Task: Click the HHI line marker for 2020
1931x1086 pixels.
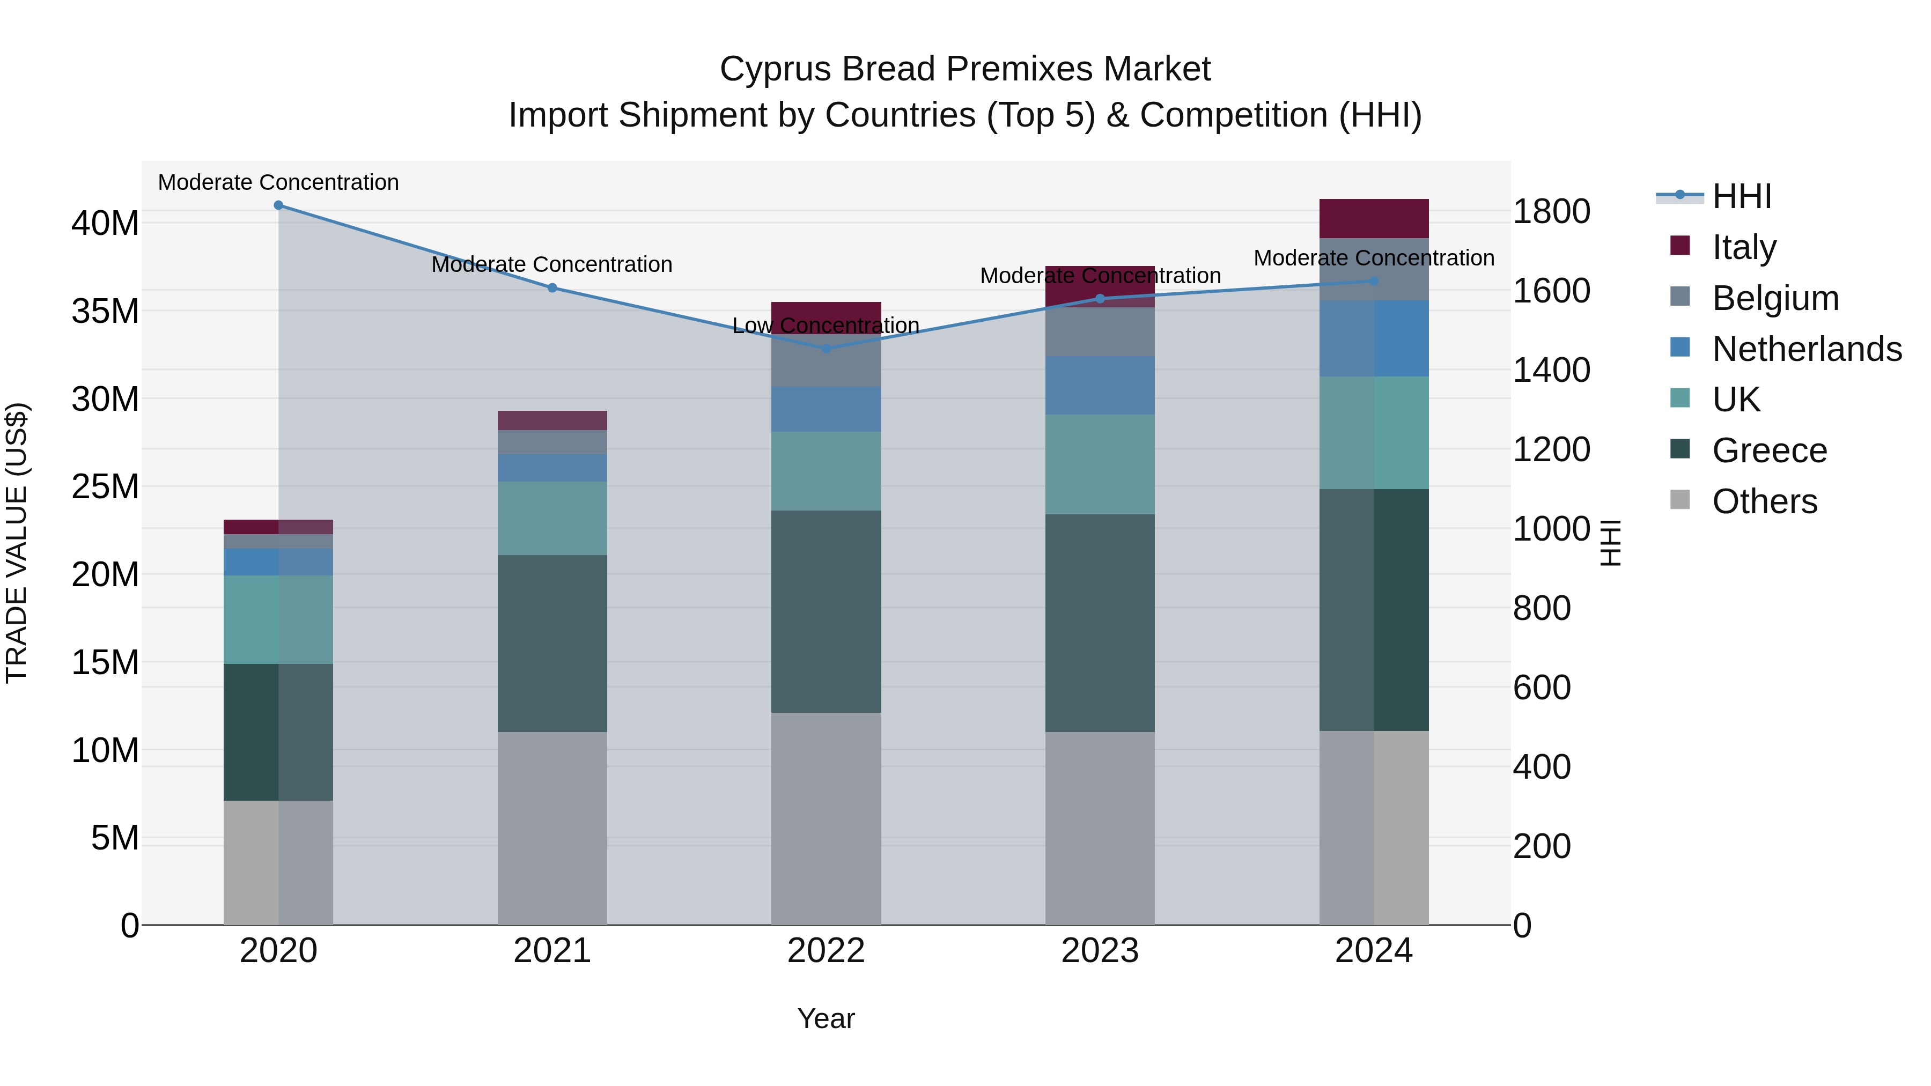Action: coord(278,205)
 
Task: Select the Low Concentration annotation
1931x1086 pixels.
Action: coord(826,326)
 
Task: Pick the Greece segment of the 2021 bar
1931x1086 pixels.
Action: coord(552,643)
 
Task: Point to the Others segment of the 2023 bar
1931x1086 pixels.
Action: coord(1100,828)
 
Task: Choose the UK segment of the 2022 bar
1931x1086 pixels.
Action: coord(826,471)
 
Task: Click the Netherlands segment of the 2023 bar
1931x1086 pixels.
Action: coord(1100,385)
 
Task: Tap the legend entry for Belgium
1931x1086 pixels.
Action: coord(1774,298)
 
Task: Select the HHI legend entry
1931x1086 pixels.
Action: coord(1741,196)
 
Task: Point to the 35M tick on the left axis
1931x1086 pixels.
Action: coord(105,311)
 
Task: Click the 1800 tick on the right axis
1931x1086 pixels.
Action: coord(1551,211)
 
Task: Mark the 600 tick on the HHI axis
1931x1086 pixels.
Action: coord(1541,688)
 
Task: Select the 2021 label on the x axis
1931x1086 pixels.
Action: coord(552,951)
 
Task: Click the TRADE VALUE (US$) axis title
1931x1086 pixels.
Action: coord(17,543)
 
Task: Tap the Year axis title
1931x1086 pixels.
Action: coord(826,1018)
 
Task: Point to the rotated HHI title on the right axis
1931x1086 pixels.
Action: coord(1609,543)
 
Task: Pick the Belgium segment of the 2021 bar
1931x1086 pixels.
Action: coord(552,442)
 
